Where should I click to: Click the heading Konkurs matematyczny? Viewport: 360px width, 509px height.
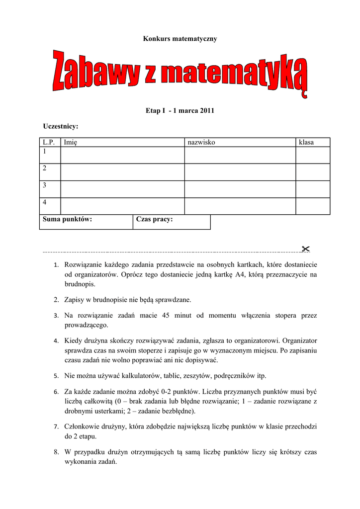(180, 38)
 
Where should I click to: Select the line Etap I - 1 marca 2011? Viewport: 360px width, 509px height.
(180, 110)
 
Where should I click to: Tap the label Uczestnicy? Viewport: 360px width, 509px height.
(61, 127)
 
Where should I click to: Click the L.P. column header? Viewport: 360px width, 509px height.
(49, 143)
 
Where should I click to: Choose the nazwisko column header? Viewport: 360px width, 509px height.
(201, 143)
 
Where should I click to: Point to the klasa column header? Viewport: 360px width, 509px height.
(306, 143)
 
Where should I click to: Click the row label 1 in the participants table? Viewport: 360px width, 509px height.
(45, 151)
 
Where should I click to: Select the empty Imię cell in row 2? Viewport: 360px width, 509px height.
(122, 172)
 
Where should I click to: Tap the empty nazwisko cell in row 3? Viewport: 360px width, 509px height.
(240, 189)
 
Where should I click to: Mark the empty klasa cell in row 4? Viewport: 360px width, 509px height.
(313, 206)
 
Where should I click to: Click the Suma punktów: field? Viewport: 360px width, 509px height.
(86, 222)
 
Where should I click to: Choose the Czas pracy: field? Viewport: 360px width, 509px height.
(172, 222)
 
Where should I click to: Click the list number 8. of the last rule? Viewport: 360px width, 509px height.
(57, 452)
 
